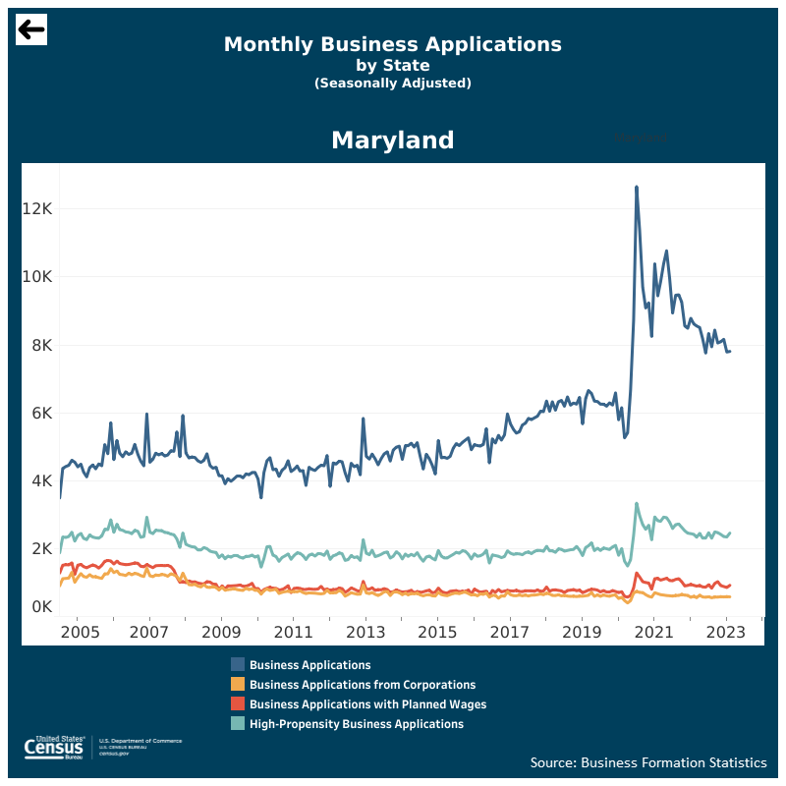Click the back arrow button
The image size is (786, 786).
click(x=31, y=29)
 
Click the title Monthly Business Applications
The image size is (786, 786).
click(x=393, y=44)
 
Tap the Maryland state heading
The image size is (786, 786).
click(x=393, y=140)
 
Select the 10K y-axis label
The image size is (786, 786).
click(x=39, y=277)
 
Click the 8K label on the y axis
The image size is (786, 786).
click(x=43, y=345)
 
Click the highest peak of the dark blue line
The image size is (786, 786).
click(x=637, y=187)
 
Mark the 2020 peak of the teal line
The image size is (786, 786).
click(x=637, y=504)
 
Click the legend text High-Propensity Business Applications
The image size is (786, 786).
click(x=357, y=724)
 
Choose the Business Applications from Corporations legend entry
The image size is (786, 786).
click(x=363, y=685)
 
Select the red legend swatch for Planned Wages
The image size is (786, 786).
click(x=238, y=704)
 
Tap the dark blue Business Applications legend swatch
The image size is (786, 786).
click(x=238, y=665)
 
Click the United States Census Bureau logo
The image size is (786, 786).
click(x=59, y=748)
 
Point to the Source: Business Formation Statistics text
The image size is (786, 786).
click(x=648, y=762)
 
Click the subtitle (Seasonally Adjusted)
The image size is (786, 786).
click(x=393, y=84)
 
